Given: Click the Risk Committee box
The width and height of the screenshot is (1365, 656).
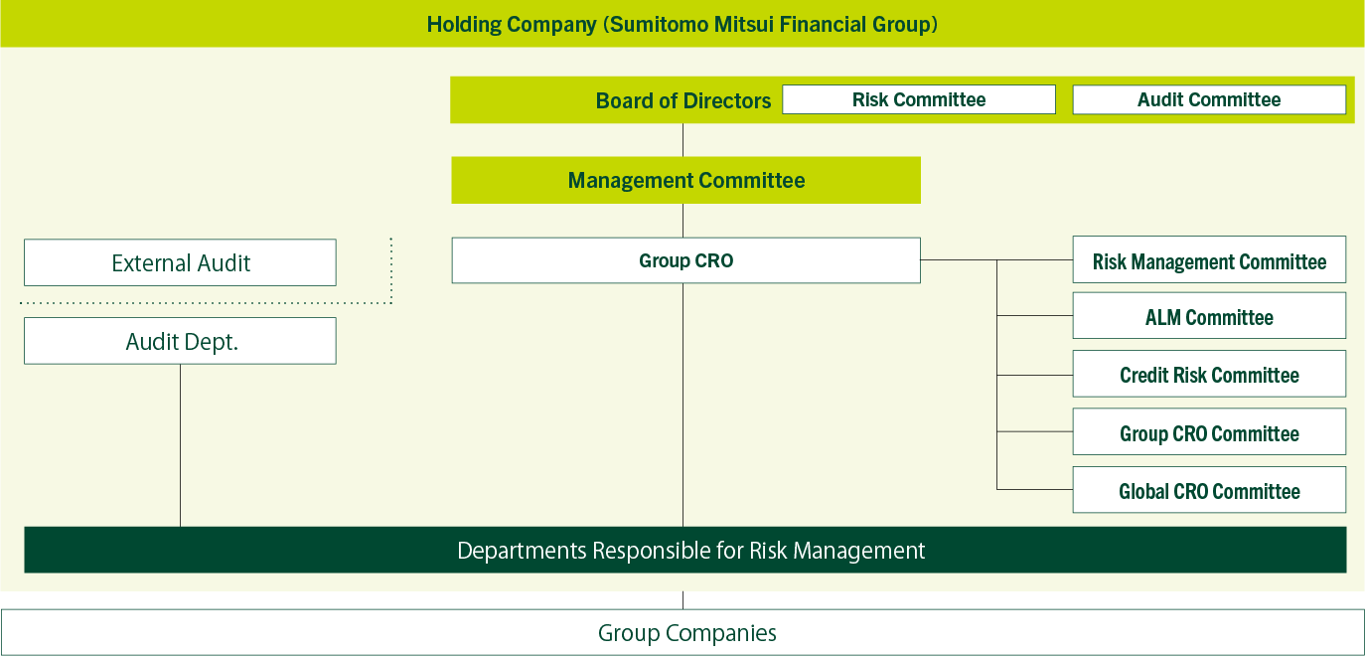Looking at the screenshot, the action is pyautogui.click(x=919, y=99).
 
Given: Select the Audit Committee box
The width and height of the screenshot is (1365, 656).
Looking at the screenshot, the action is pyautogui.click(x=1209, y=99).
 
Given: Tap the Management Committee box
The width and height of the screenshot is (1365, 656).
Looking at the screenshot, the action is pyautogui.click(x=686, y=181).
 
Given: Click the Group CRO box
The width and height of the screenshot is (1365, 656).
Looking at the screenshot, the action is pyautogui.click(x=686, y=260).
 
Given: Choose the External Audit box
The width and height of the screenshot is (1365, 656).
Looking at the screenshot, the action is pyautogui.click(x=181, y=262).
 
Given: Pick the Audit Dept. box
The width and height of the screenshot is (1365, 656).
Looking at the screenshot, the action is pyautogui.click(x=181, y=341).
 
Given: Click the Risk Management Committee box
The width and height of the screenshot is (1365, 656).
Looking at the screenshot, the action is pyautogui.click(x=1209, y=260).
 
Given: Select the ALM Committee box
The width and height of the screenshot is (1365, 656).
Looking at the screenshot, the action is pyautogui.click(x=1209, y=316).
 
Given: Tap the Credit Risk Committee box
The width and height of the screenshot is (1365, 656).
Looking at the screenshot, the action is pyautogui.click(x=1209, y=374).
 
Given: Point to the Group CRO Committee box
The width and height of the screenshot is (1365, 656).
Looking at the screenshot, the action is pyautogui.click(x=1209, y=431).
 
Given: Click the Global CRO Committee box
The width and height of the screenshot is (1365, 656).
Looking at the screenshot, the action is pyautogui.click(x=1209, y=490).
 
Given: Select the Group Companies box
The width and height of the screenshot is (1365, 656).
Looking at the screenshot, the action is pyautogui.click(x=682, y=633).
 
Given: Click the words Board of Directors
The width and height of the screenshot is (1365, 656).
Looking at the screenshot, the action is pyautogui.click(x=683, y=100).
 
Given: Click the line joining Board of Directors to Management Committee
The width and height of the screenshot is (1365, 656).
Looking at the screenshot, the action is pyautogui.click(x=683, y=140).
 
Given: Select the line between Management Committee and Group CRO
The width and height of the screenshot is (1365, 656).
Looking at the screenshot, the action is pyautogui.click(x=683, y=221).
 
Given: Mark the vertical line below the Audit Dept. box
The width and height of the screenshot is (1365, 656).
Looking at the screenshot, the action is pyautogui.click(x=181, y=445).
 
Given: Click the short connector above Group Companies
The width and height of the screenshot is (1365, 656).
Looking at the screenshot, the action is pyautogui.click(x=683, y=600).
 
